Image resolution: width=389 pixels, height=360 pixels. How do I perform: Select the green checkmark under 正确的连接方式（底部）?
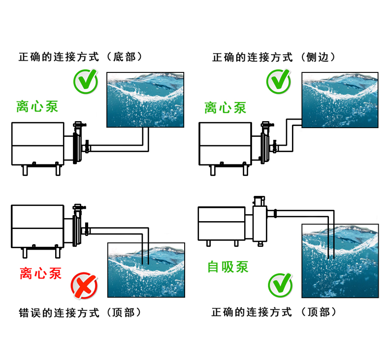click(86, 82)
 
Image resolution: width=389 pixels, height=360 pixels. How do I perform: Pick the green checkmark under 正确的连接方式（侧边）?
click(279, 82)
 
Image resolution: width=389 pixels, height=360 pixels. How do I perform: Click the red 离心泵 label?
click(40, 272)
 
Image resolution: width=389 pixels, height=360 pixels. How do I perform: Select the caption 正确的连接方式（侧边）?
click(274, 57)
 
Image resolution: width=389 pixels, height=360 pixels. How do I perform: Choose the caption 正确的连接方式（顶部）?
click(274, 312)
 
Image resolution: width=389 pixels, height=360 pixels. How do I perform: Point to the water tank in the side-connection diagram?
click(340, 100)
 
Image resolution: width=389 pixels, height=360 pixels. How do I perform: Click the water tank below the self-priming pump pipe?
click(340, 261)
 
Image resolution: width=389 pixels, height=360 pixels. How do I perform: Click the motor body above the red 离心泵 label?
click(37, 227)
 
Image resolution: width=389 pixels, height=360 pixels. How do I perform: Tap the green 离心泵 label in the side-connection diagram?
click(225, 107)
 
